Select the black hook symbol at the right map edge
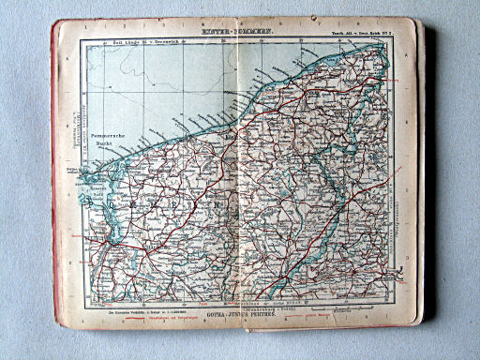pos(400,273)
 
